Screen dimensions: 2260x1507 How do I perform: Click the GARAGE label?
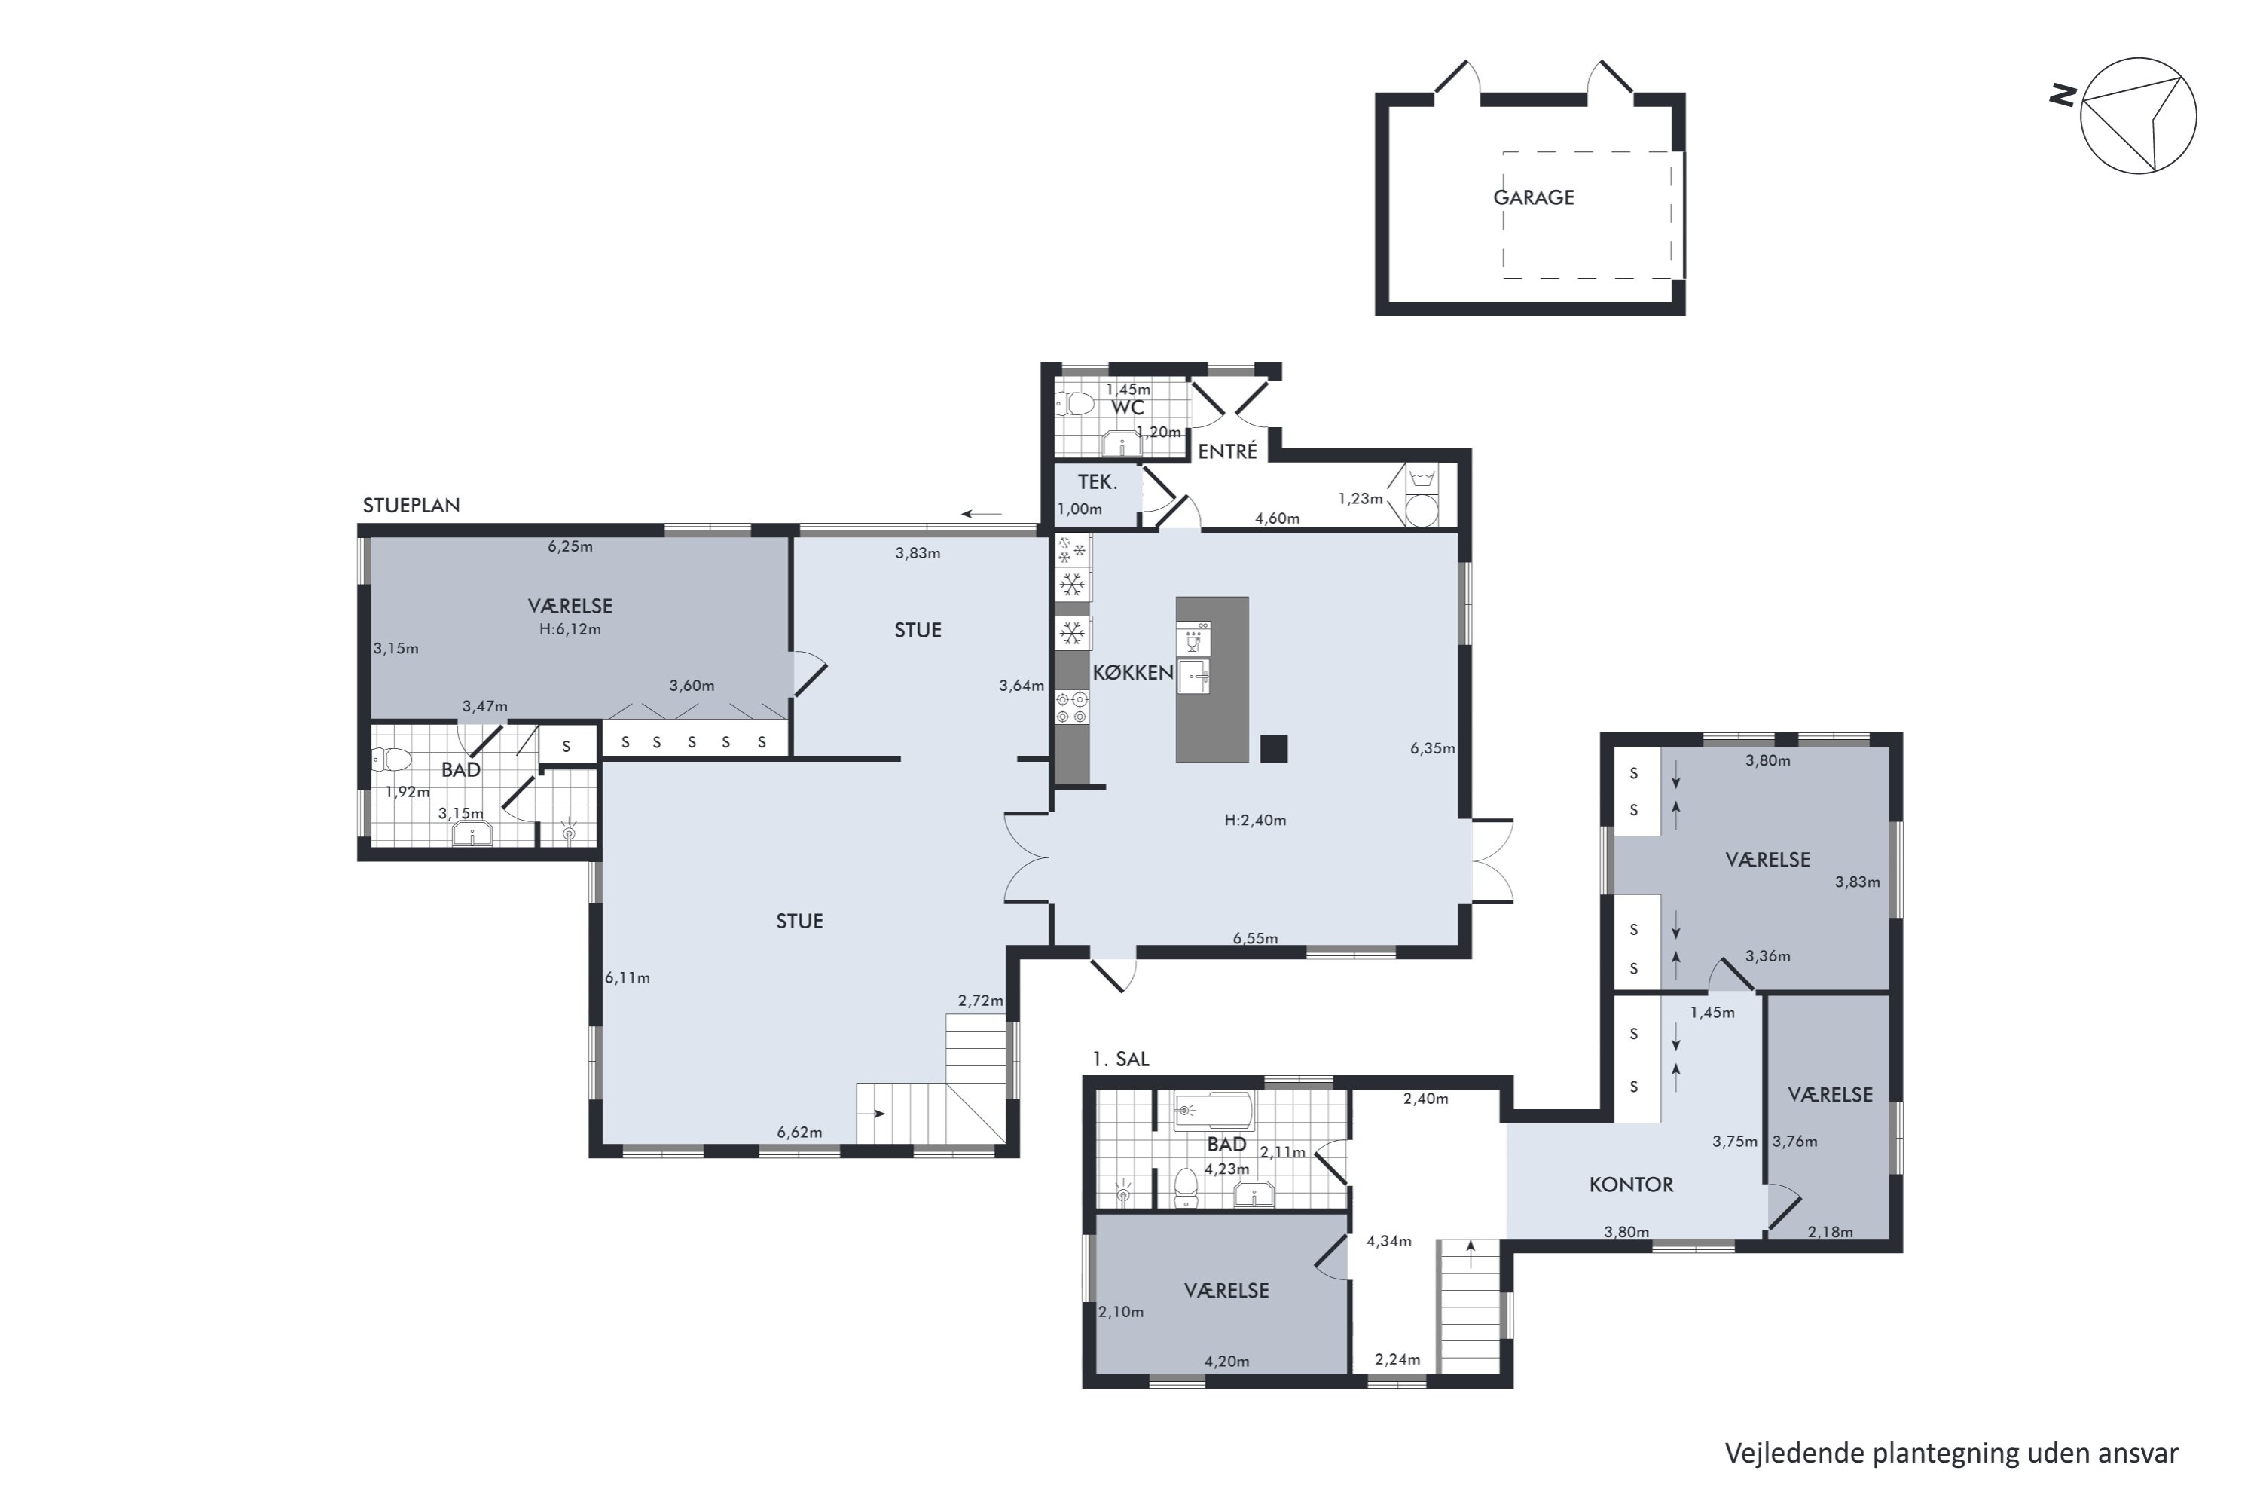pos(1534,197)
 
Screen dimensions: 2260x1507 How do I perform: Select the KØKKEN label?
pos(1133,673)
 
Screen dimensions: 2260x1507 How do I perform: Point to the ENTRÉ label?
pos(1227,451)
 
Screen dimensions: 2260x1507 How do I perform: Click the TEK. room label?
pos(1098,482)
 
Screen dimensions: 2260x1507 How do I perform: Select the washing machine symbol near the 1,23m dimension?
pos(1422,495)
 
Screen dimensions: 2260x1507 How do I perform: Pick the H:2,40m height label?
pos(1255,820)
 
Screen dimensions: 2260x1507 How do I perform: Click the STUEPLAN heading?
pos(411,506)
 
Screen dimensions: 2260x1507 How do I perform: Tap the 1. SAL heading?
pos(1120,1059)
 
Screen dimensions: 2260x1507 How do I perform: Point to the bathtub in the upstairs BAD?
pos(1214,1111)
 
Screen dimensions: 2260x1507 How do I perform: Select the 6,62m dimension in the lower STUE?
pos(799,1133)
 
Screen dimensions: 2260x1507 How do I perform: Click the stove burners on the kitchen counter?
pos(1072,708)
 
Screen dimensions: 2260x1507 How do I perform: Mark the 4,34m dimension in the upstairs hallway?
pos(1389,1241)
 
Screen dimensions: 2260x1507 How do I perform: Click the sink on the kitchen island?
pos(1193,676)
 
